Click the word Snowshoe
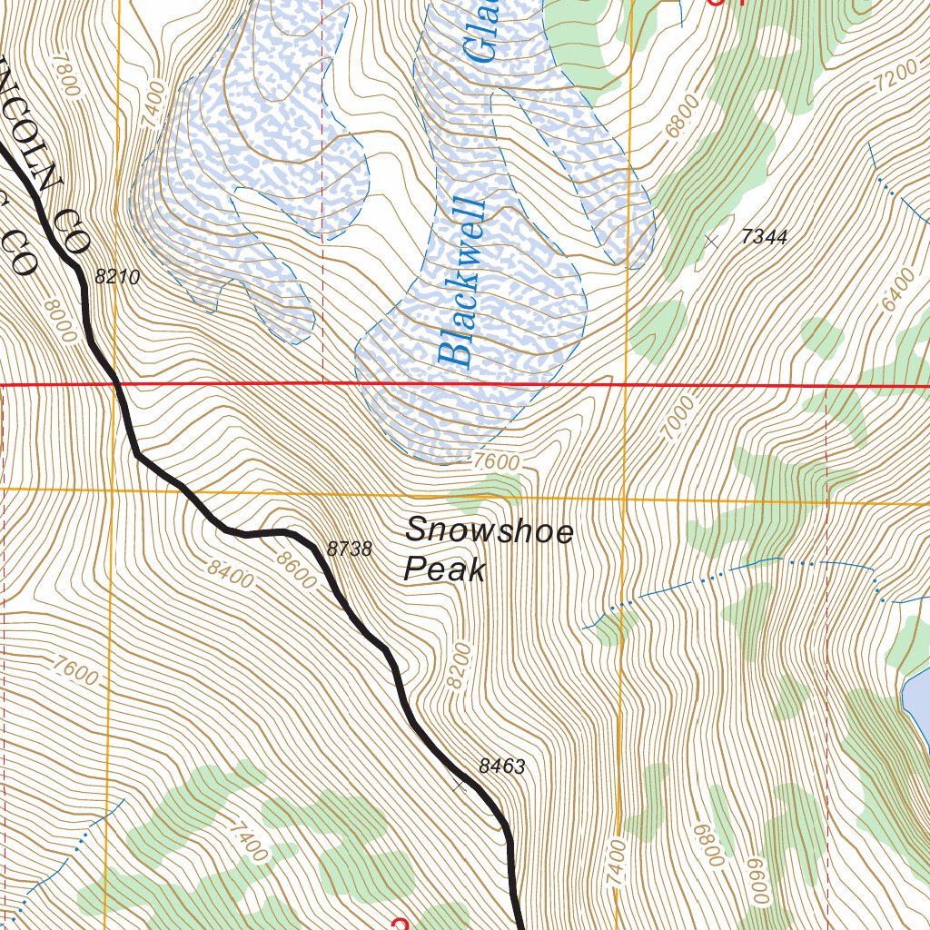pyautogui.click(x=489, y=530)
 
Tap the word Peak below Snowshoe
pyautogui.click(x=444, y=569)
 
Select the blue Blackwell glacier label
pyautogui.click(x=461, y=282)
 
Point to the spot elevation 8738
pyautogui.click(x=349, y=549)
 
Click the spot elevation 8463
pyautogui.click(x=501, y=767)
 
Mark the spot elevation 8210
pyautogui.click(x=117, y=278)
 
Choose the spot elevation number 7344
pyautogui.click(x=764, y=237)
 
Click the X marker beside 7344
pyautogui.click(x=711, y=241)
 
